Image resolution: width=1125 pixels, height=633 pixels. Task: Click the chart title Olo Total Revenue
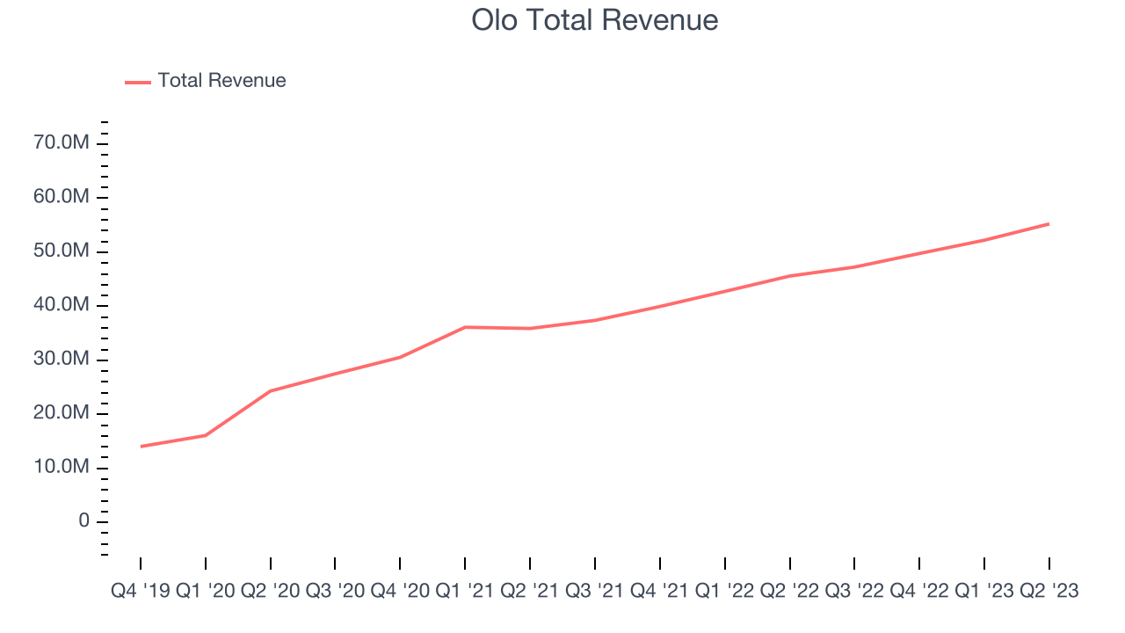(x=595, y=19)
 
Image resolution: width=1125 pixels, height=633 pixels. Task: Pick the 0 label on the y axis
(x=83, y=521)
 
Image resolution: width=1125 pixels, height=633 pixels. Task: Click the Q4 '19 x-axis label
(x=141, y=592)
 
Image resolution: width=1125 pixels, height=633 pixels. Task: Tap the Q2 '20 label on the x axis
(x=271, y=592)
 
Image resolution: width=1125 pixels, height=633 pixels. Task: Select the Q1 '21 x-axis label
(x=465, y=592)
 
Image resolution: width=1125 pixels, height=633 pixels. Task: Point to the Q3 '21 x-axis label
(x=595, y=592)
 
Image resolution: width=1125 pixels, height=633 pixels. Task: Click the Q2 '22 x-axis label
(x=789, y=592)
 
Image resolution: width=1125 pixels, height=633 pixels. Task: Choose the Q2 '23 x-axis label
(x=1049, y=592)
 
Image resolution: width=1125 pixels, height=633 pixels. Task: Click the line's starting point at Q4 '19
(x=141, y=447)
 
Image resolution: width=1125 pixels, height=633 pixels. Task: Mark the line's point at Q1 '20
(x=206, y=435)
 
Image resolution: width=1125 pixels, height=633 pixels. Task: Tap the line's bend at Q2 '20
(x=271, y=390)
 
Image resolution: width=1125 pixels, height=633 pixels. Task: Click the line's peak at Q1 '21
(x=465, y=327)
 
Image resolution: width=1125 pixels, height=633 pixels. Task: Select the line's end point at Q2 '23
(x=1049, y=223)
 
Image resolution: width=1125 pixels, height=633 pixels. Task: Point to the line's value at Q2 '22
(x=789, y=276)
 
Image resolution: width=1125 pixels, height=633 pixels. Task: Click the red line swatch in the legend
(x=138, y=82)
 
